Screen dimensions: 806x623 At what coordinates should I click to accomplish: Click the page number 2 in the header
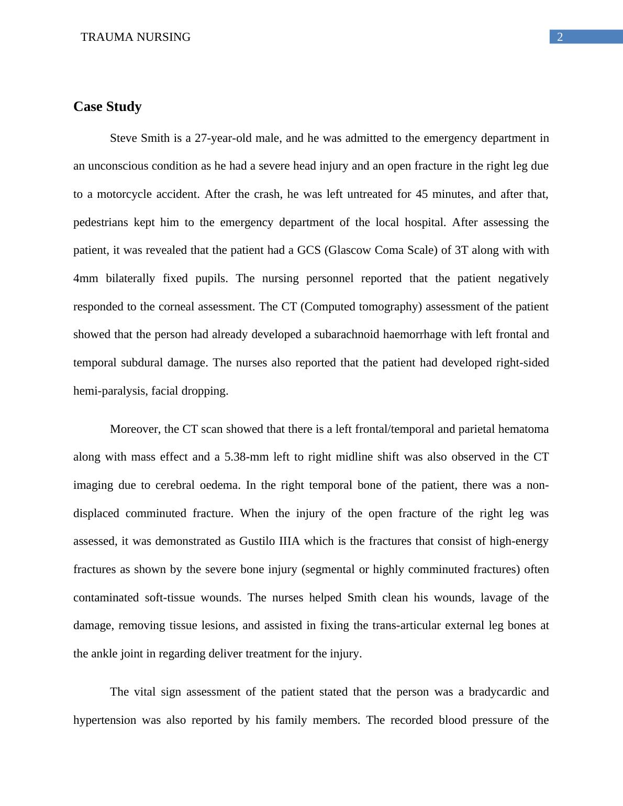coord(560,37)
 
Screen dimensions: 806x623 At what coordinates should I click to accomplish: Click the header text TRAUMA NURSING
coord(136,37)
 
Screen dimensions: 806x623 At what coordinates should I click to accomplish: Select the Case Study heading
coord(107,107)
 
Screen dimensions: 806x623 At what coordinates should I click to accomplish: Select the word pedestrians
coord(101,222)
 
